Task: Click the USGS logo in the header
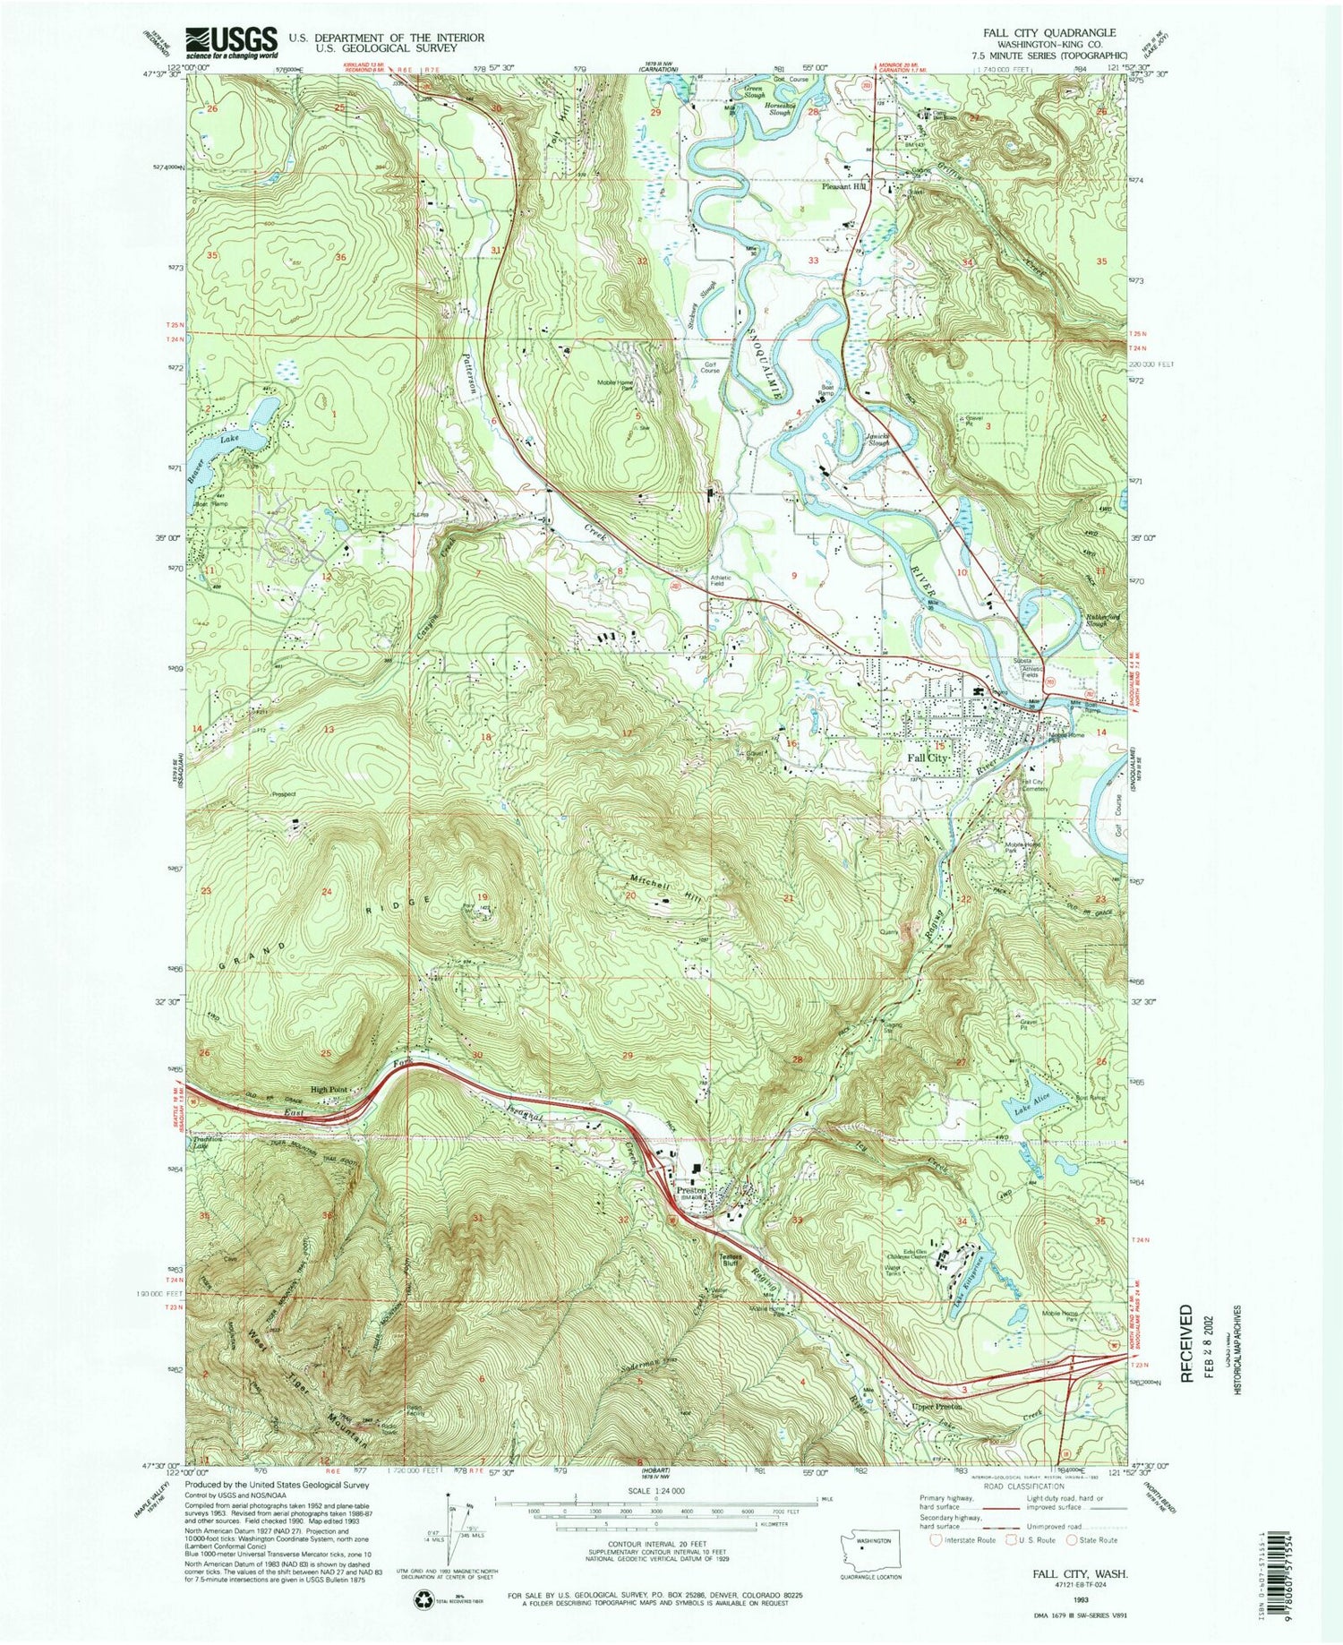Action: pos(231,40)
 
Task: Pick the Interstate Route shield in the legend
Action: pos(937,1540)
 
